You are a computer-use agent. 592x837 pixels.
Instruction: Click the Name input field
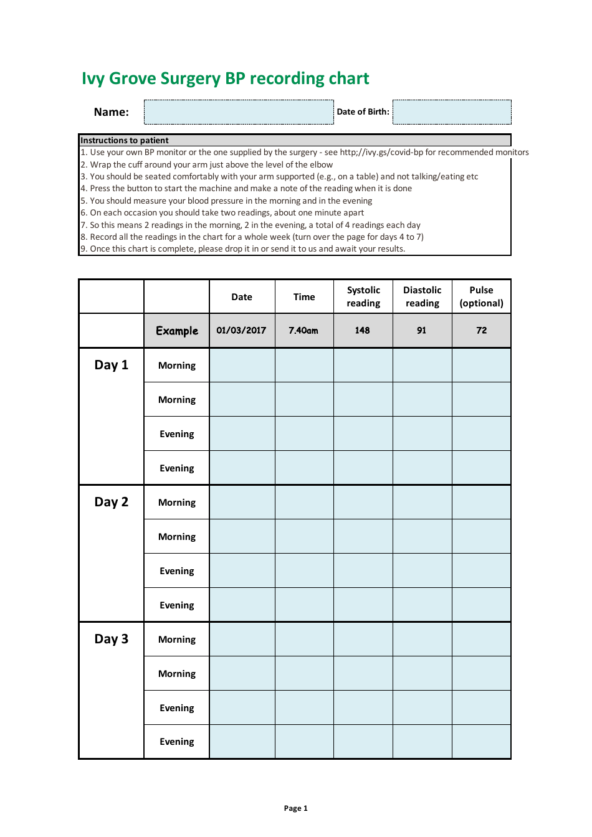tap(239, 112)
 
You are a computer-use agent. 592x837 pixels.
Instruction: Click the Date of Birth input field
tap(452, 112)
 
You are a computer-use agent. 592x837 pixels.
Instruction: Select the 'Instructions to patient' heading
tap(125, 141)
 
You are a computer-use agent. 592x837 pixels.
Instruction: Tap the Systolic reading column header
tap(363, 296)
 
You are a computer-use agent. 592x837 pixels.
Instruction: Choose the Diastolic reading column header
tap(423, 296)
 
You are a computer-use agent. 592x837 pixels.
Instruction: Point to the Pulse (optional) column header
tap(481, 296)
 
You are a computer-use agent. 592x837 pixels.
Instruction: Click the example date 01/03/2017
tap(241, 330)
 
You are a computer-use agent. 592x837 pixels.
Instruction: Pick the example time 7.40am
tap(303, 331)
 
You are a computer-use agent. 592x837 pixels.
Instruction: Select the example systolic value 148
tap(363, 331)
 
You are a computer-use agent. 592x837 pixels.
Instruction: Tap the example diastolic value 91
tap(422, 331)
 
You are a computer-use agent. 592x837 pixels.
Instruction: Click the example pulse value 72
tap(482, 331)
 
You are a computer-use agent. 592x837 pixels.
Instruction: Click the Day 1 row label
tap(112, 365)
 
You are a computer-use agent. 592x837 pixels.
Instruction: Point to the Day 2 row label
tap(112, 502)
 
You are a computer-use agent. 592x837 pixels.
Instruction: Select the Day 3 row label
tap(112, 639)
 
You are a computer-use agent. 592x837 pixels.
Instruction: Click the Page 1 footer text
tap(295, 808)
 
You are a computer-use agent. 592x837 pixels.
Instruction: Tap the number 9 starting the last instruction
tap(84, 249)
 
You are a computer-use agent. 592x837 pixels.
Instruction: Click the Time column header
tap(304, 297)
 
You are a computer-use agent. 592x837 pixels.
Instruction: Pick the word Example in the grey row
tap(177, 331)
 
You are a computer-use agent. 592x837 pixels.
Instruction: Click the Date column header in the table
tap(242, 297)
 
